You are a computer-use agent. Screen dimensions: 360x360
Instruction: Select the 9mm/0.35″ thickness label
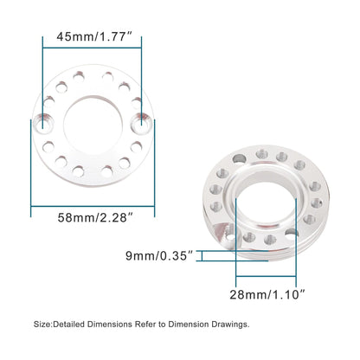click(163, 255)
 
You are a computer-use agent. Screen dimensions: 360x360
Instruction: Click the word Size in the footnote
click(42, 324)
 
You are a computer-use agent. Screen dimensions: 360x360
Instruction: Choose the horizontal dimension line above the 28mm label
click(267, 281)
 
